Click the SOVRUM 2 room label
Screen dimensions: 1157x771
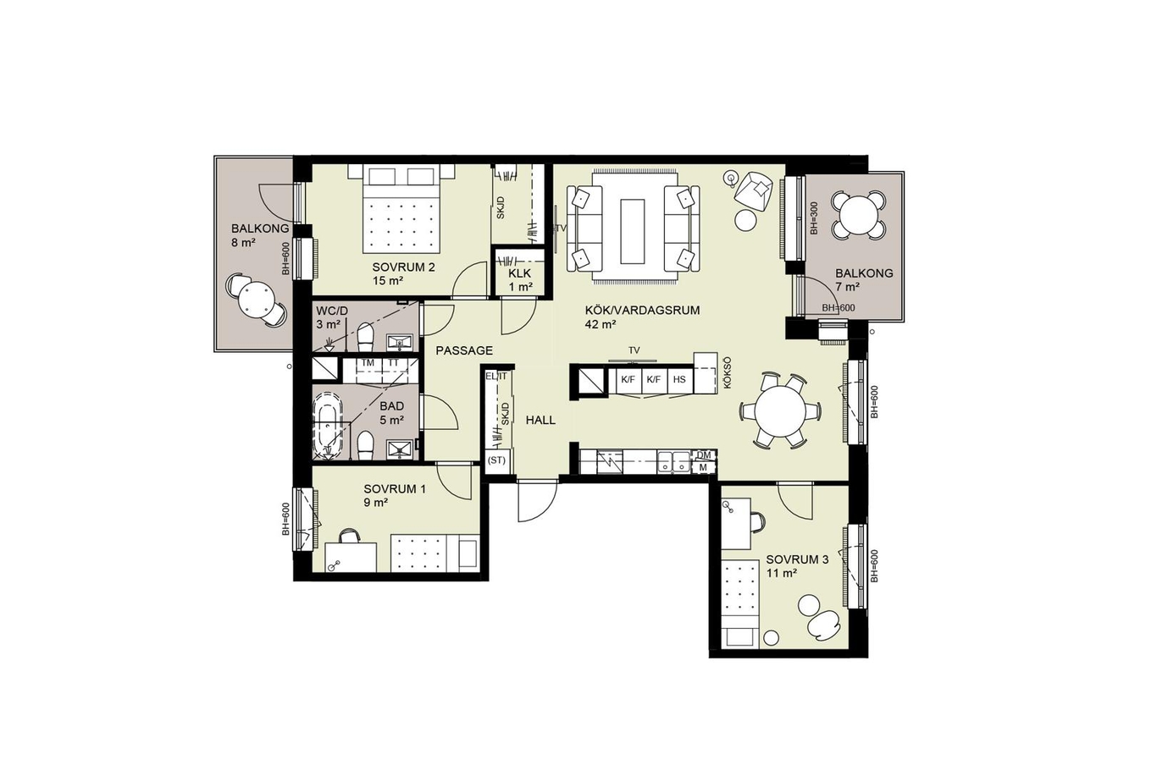tap(403, 267)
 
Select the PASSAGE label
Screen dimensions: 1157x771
tap(464, 351)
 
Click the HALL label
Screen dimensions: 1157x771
tap(540, 420)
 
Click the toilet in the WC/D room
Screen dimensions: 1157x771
tap(365, 337)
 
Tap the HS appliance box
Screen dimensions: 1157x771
tap(679, 380)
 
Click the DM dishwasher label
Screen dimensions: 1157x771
tap(704, 455)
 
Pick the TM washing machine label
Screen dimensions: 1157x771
tap(368, 363)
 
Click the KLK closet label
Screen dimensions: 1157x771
tap(519, 273)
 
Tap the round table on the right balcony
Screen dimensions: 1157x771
tap(858, 216)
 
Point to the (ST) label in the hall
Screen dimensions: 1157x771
tap(497, 460)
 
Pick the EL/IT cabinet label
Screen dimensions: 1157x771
tap(496, 377)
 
